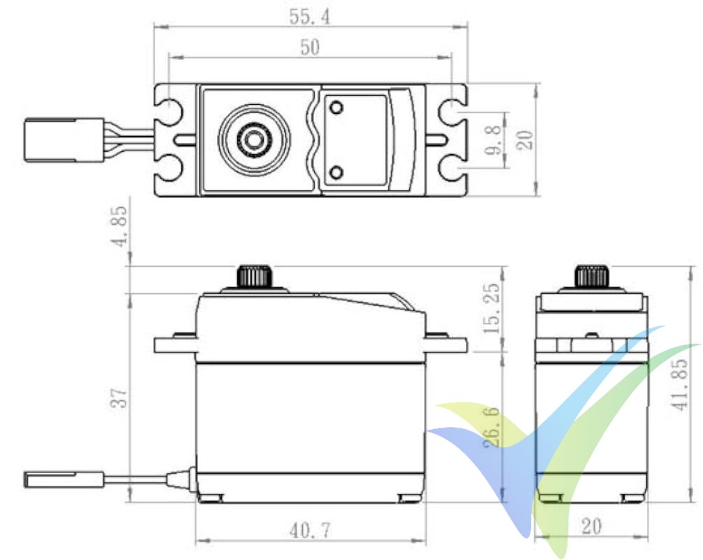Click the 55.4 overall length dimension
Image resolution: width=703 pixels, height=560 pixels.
[310, 15]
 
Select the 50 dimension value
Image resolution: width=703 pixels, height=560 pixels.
[309, 47]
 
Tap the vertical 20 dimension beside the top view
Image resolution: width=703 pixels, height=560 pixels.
[527, 140]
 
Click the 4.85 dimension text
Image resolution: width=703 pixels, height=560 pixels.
[120, 225]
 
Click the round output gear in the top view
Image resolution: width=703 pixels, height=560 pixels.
[253, 139]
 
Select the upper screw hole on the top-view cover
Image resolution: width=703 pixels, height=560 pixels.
[336, 108]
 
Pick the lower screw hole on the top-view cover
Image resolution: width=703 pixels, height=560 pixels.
[336, 172]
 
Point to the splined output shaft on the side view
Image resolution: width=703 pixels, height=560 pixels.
[254, 275]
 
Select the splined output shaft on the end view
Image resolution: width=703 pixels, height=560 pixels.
[592, 275]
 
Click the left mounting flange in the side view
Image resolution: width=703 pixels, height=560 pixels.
[175, 344]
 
